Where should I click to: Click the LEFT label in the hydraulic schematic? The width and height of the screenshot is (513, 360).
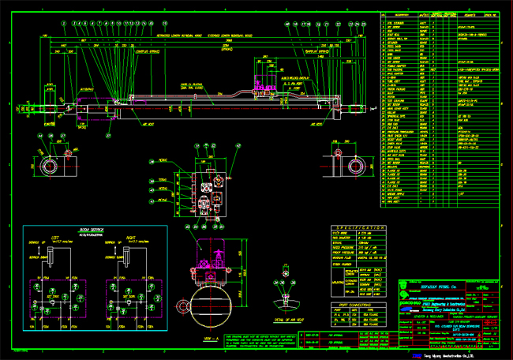point(55,235)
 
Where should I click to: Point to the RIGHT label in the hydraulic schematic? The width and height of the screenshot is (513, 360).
point(131,235)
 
